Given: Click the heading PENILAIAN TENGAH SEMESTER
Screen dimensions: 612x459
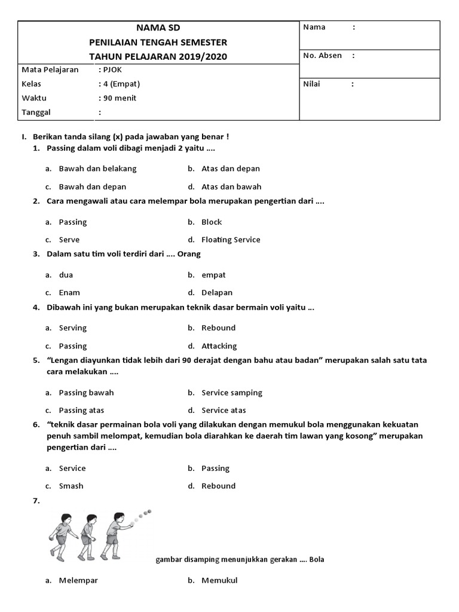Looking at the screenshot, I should pyautogui.click(x=158, y=42).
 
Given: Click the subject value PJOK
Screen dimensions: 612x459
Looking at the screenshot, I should pyautogui.click(x=112, y=69).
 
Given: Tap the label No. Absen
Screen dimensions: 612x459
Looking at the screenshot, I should pyautogui.click(x=323, y=56).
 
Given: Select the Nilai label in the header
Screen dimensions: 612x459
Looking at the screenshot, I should pyautogui.click(x=312, y=84).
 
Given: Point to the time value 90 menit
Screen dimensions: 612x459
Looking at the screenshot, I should pyautogui.click(x=120, y=98).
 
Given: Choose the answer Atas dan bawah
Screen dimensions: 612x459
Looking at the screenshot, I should pyautogui.click(x=231, y=186).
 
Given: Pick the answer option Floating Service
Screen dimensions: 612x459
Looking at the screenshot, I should pyautogui.click(x=231, y=240).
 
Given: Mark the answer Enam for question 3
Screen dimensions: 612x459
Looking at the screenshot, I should pyautogui.click(x=69, y=293).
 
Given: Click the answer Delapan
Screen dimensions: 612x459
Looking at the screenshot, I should pyautogui.click(x=217, y=293).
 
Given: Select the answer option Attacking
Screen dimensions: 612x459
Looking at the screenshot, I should pyautogui.click(x=219, y=346).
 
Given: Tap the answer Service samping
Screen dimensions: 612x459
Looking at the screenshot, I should pyautogui.click(x=232, y=393).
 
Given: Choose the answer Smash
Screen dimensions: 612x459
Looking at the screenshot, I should pyautogui.click(x=71, y=486).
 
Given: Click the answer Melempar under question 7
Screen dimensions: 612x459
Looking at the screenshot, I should pyautogui.click(x=78, y=580).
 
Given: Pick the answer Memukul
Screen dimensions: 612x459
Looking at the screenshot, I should pyautogui.click(x=219, y=580).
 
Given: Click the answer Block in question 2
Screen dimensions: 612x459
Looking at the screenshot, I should pyautogui.click(x=212, y=222).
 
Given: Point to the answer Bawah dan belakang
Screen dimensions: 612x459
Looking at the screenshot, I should pyautogui.click(x=97, y=169).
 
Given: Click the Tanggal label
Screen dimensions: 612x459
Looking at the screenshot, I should pyautogui.click(x=36, y=112).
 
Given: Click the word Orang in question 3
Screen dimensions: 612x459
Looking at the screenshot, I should pyautogui.click(x=189, y=254).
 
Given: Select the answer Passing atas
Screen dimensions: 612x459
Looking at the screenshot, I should pyautogui.click(x=81, y=411).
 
